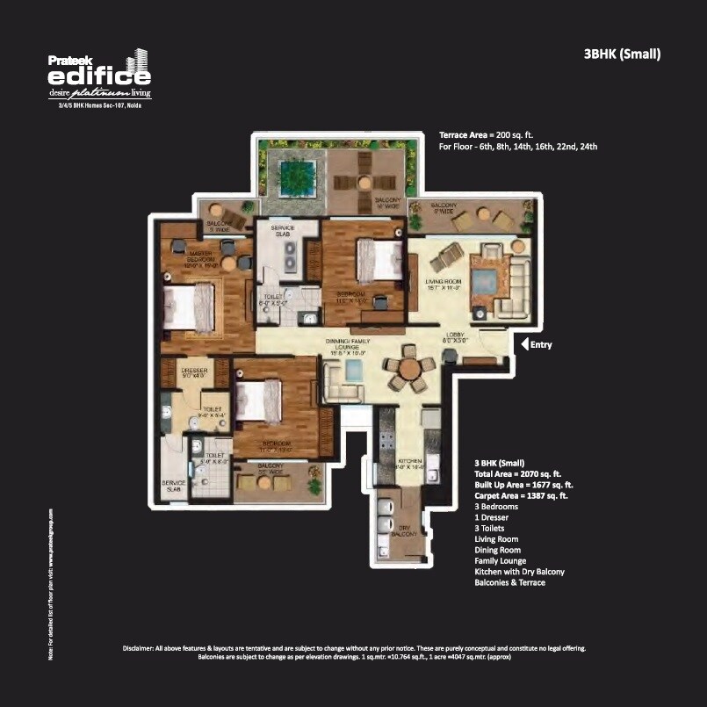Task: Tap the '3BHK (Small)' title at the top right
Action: point(622,54)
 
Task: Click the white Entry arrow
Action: point(525,344)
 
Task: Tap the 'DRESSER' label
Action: point(193,372)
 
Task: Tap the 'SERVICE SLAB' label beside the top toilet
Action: point(283,232)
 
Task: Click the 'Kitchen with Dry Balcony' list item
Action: point(519,572)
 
